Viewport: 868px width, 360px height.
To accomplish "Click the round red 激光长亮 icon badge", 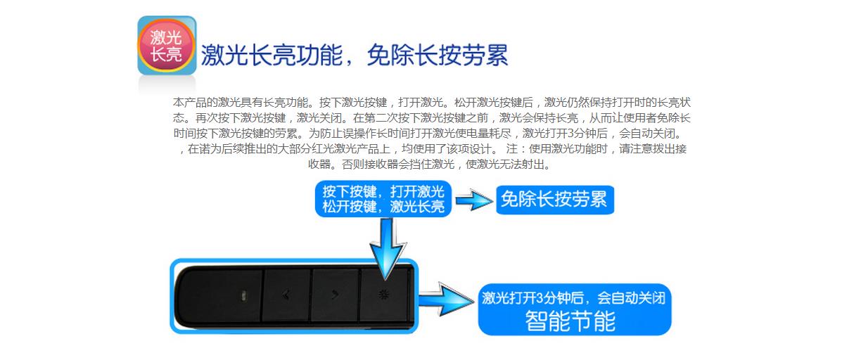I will tap(167, 45).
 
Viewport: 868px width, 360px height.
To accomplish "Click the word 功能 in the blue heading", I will tap(326, 55).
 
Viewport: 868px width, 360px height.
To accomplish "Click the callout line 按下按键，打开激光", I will tap(383, 191).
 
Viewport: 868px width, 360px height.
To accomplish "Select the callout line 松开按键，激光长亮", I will tap(383, 207).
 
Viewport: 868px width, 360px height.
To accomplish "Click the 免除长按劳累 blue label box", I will tap(555, 200).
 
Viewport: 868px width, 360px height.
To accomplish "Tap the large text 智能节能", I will tap(570, 321).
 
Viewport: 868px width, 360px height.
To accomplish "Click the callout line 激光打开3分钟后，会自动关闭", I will tap(573, 298).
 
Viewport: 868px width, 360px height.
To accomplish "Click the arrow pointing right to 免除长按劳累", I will tap(473, 201).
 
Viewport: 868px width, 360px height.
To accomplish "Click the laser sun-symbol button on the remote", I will tap(383, 295).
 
